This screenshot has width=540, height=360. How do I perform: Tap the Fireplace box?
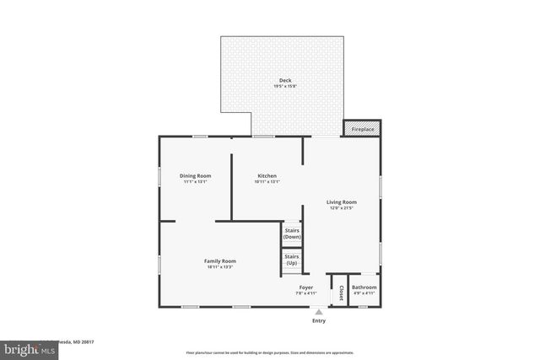pyautogui.click(x=362, y=128)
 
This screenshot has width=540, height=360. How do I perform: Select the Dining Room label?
pyautogui.click(x=194, y=175)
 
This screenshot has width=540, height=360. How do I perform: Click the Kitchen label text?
pyautogui.click(x=267, y=175)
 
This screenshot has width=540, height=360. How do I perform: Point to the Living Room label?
pyautogui.click(x=343, y=201)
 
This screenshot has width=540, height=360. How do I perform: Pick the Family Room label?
pyautogui.click(x=219, y=261)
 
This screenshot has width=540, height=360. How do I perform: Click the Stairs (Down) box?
pyautogui.click(x=292, y=234)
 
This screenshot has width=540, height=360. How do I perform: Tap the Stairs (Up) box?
pyautogui.click(x=292, y=260)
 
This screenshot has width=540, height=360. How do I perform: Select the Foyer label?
pyautogui.click(x=305, y=287)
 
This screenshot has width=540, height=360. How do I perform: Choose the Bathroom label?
pyautogui.click(x=364, y=287)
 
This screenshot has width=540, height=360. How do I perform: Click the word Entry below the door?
pyautogui.click(x=319, y=320)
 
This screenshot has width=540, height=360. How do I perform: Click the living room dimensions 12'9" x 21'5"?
pyautogui.click(x=343, y=208)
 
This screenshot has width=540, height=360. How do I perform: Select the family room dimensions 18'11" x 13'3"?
pyautogui.click(x=219, y=268)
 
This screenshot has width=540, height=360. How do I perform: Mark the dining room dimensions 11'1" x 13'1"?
pyautogui.click(x=194, y=182)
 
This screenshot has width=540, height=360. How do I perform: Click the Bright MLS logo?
pyautogui.click(x=25, y=348)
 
